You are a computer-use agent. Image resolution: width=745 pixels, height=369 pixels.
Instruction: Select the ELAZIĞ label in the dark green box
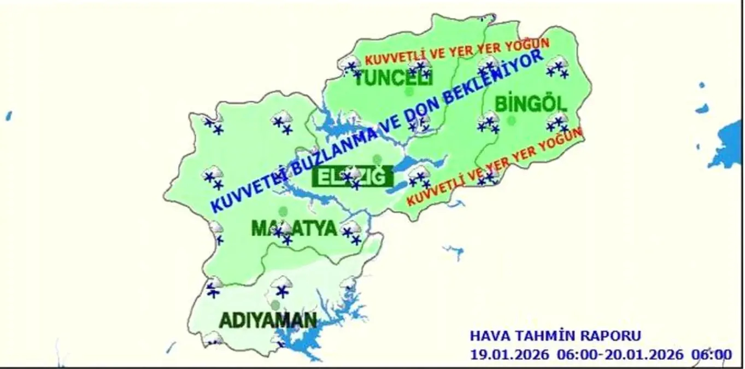(353, 177)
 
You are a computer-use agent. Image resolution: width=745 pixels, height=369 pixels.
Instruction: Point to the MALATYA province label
(294, 229)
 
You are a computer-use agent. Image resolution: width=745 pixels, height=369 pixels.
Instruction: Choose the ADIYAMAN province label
(268, 320)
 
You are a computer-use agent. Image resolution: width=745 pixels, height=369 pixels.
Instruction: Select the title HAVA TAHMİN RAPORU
(555, 336)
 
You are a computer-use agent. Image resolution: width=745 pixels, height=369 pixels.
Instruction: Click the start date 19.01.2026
(509, 354)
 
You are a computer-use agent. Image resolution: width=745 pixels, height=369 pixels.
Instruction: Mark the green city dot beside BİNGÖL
(512, 120)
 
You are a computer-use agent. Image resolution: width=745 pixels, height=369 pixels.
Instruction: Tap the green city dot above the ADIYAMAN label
(275, 304)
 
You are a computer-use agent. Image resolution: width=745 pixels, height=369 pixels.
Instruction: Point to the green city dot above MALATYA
(283, 210)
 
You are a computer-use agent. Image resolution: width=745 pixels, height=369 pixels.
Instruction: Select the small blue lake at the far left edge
(8, 115)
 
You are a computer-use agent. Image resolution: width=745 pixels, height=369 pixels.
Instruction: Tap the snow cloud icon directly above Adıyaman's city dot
(282, 285)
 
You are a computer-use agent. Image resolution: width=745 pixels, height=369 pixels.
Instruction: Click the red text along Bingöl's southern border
(495, 167)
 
